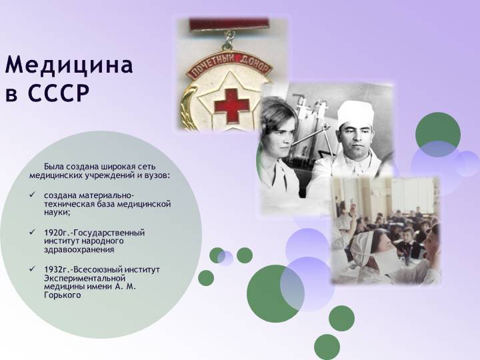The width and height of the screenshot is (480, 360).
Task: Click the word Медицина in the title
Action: pos(69,65)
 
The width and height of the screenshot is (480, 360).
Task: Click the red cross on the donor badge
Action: pos(232,106)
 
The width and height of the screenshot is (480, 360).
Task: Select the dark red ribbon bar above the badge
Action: pos(229,25)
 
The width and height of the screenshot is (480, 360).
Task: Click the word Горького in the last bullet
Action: pos(63,295)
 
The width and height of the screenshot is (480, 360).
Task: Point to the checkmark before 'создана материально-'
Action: pos(32,195)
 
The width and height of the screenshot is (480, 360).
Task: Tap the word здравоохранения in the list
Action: pos(79,250)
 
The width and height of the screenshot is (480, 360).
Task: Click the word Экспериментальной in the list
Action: pos(85,279)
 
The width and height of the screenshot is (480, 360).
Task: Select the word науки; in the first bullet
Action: pos(57,213)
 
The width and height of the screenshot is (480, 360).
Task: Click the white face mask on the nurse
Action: pos(387,259)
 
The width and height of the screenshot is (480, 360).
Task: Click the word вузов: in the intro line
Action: pos(157,176)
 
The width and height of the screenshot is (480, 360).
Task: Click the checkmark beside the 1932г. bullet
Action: pos(32,269)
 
